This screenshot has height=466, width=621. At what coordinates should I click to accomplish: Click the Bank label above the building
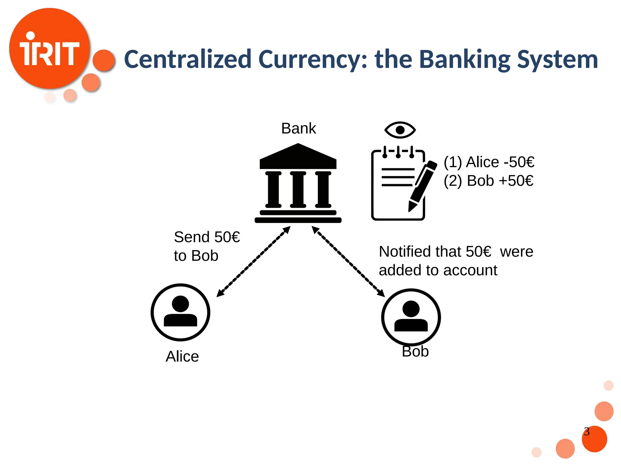[298, 128]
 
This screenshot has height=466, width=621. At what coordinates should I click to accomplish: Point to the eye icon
[400, 130]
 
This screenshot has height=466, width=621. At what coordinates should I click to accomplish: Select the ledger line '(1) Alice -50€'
[489, 162]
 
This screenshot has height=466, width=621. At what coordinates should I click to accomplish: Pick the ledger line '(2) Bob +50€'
[488, 181]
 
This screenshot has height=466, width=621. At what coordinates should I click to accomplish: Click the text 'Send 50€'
[207, 237]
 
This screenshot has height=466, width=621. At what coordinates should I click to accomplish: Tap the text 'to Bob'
[196, 256]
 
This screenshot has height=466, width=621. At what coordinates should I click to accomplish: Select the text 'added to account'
[438, 270]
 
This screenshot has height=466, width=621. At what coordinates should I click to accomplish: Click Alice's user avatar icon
[180, 312]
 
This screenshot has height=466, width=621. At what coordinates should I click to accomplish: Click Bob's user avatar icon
[411, 317]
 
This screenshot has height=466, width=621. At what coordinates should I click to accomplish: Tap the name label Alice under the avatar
[182, 356]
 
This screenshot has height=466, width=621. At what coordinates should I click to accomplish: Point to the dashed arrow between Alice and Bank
[253, 262]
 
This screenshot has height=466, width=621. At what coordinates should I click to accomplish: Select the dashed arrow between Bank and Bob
[348, 262]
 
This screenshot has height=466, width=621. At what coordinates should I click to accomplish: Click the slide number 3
[587, 431]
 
